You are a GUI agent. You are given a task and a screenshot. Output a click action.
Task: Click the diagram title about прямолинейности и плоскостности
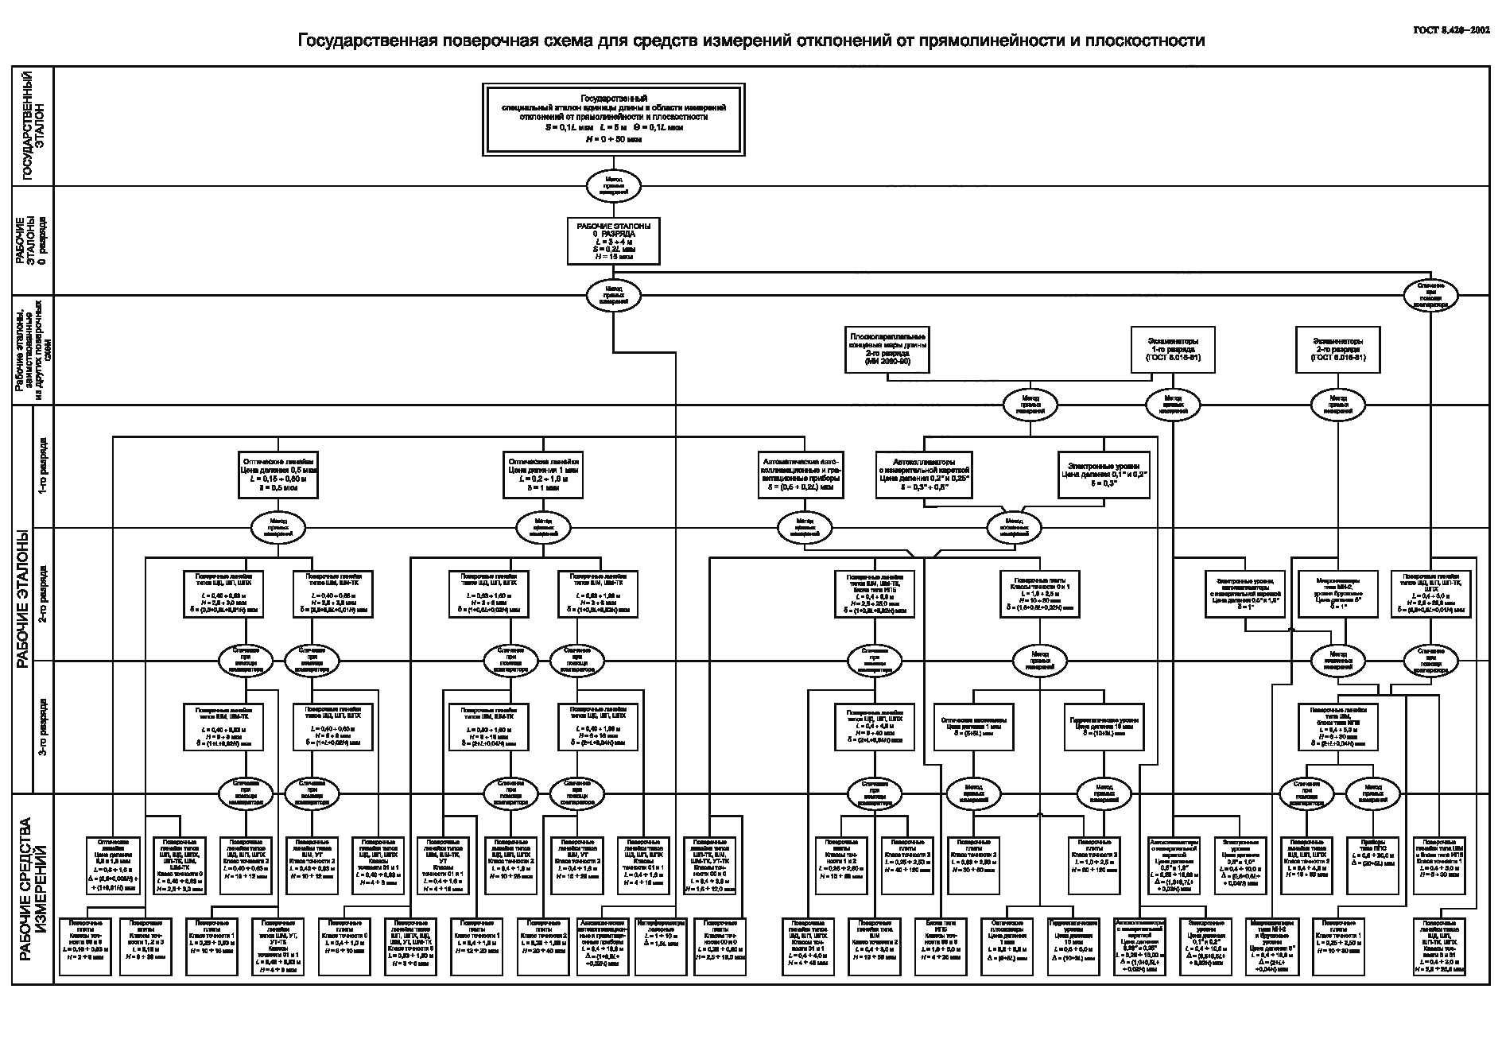[751, 40]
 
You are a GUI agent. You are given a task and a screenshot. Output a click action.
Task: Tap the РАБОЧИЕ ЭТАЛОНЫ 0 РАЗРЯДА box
[613, 241]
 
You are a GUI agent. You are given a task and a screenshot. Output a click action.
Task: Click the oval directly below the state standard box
[613, 186]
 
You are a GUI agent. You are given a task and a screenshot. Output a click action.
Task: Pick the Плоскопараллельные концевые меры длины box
[887, 349]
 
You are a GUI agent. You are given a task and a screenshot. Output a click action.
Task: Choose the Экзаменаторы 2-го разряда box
[1338, 349]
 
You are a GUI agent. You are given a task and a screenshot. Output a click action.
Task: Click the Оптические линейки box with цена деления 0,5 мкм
[278, 475]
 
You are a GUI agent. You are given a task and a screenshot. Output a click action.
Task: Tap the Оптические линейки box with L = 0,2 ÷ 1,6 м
[545, 475]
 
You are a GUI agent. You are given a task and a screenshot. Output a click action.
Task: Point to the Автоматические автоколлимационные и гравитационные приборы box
[801, 475]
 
